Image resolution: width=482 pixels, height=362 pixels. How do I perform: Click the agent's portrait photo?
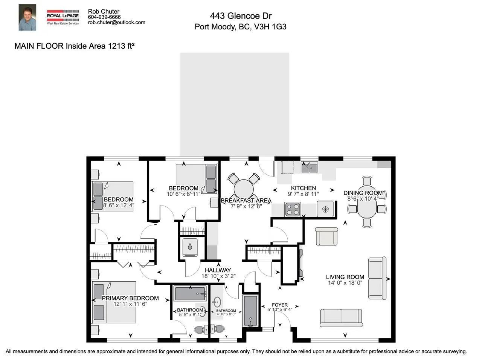pyautogui.click(x=27, y=17)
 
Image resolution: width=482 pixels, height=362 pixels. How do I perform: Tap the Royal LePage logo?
pyautogui.click(x=63, y=17)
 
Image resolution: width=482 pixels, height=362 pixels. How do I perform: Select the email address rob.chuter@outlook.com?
pyautogui.click(x=117, y=22)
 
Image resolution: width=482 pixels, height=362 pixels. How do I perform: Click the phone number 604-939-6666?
pyautogui.click(x=104, y=17)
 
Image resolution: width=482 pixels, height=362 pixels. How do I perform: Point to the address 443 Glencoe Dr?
pyautogui.click(x=241, y=16)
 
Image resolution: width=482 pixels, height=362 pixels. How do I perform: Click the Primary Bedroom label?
pyautogui.click(x=130, y=298)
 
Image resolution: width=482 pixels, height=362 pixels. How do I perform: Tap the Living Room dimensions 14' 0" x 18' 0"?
pyautogui.click(x=345, y=283)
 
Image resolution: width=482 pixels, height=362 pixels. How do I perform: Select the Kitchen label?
pyautogui.click(x=304, y=188)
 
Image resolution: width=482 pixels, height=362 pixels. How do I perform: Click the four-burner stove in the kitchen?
pyautogui.click(x=293, y=209)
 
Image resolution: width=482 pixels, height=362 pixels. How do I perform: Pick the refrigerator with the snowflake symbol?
pyautogui.click(x=325, y=209)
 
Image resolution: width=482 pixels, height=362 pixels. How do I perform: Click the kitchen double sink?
pyautogui.click(x=310, y=168)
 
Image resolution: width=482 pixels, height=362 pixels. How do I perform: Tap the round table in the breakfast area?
pyautogui.click(x=244, y=189)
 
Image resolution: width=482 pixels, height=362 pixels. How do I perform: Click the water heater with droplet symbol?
pyautogui.click(x=190, y=247)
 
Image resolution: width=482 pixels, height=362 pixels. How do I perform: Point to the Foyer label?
pyautogui.click(x=279, y=305)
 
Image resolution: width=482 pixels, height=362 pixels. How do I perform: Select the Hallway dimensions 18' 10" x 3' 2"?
pyautogui.click(x=218, y=276)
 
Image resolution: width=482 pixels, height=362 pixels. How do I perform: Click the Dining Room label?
pyautogui.click(x=363, y=193)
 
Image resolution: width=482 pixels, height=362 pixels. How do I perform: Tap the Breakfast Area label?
pyautogui.click(x=246, y=201)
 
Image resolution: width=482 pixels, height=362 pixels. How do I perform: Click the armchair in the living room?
pyautogui.click(x=326, y=236)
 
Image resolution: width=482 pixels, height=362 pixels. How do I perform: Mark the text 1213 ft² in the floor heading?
pyautogui.click(x=121, y=46)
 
